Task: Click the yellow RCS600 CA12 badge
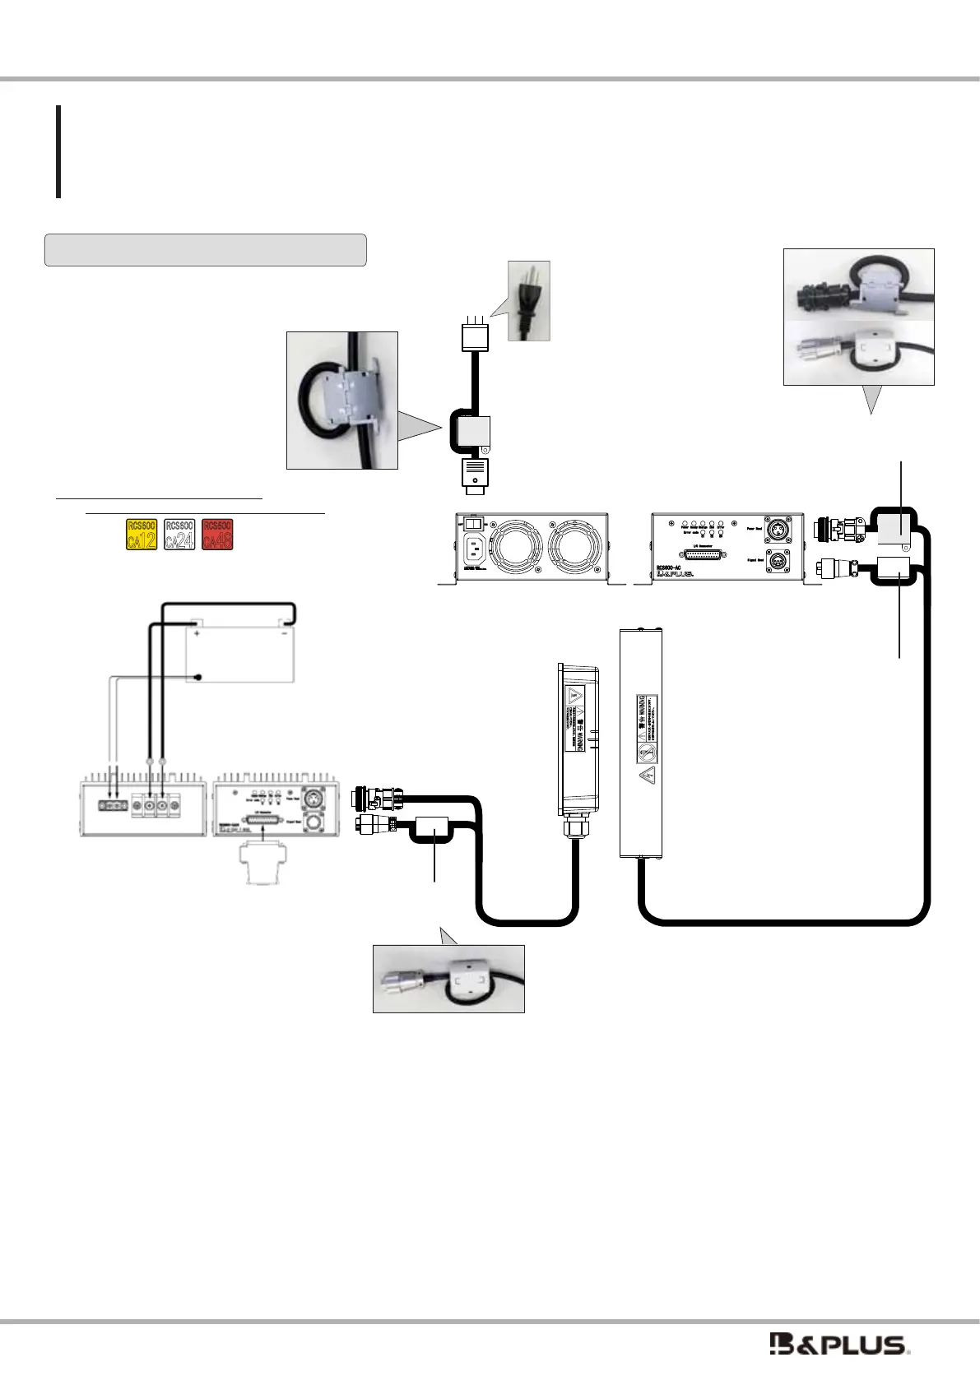click(141, 534)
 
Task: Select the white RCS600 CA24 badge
click(179, 534)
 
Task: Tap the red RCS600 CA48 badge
click(217, 534)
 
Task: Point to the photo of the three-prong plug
click(528, 301)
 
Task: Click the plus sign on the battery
click(197, 634)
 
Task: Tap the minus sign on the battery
click(284, 634)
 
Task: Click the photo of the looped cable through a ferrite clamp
click(341, 400)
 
